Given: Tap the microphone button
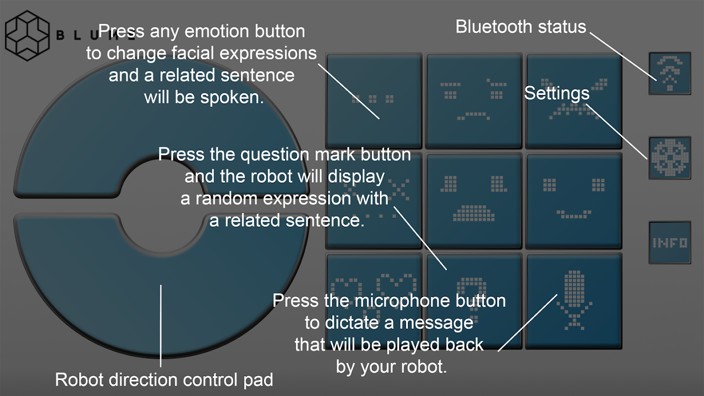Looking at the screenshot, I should [573, 300].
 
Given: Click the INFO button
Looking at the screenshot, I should [670, 242].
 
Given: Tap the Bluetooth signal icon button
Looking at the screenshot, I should [670, 73].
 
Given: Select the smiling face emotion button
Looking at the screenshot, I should [573, 200].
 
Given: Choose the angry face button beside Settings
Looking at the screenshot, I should [573, 100].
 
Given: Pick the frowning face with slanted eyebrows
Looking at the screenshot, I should [474, 100].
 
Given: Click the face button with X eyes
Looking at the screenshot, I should [374, 200].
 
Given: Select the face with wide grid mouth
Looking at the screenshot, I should [474, 200].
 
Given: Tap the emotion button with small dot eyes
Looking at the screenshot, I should [374, 100].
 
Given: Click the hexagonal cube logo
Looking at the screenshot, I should [27, 36].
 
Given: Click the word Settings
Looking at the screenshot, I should [557, 93].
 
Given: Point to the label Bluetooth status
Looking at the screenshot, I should [521, 27].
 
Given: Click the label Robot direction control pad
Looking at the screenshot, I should [164, 380].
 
